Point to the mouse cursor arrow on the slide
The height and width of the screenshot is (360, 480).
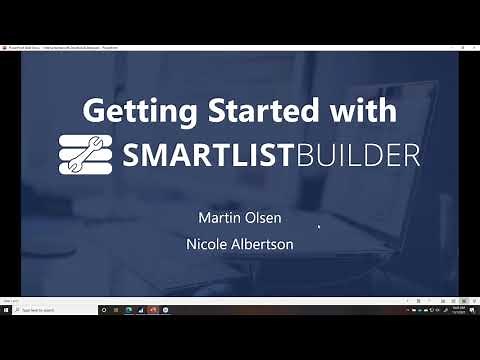click(x=319, y=227)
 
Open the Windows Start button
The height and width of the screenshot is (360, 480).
click(x=5, y=310)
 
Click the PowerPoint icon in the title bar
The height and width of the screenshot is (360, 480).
click(x=4, y=46)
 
